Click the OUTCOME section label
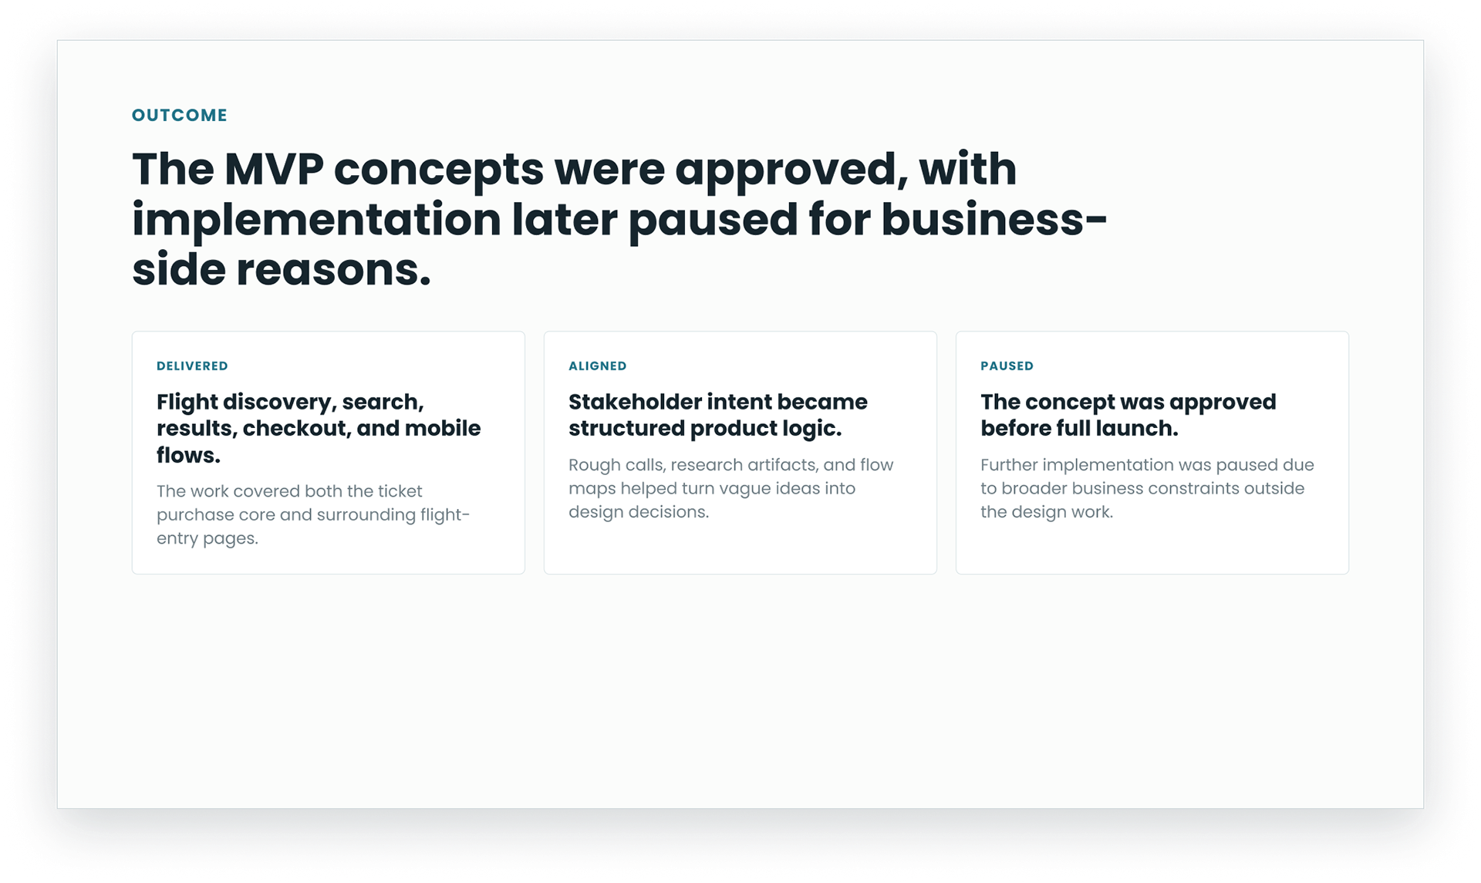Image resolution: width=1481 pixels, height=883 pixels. pyautogui.click(x=180, y=116)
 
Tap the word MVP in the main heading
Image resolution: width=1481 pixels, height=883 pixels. pyautogui.click(x=274, y=169)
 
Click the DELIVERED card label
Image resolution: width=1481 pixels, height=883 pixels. pyautogui.click(x=192, y=366)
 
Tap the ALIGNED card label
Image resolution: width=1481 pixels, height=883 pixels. pyautogui.click(x=598, y=366)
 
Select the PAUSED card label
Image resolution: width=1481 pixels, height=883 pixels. pyautogui.click(x=1007, y=366)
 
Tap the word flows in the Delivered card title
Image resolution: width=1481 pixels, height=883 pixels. pyautogui.click(x=186, y=455)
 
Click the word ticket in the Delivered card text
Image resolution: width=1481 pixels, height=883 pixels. pyautogui.click(x=400, y=491)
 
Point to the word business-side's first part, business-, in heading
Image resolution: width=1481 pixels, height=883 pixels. pyautogui.click(x=994, y=219)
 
